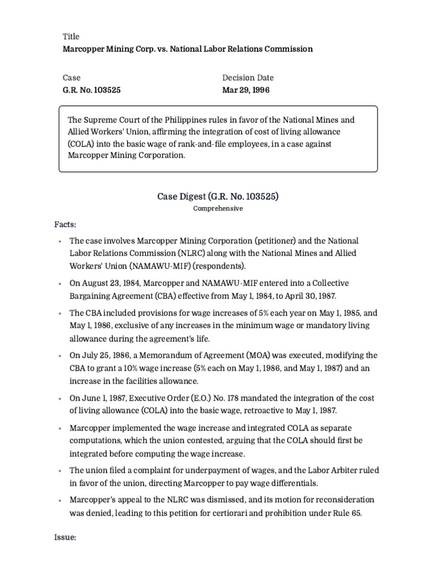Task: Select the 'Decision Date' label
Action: (248, 78)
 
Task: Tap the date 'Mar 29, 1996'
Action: (246, 90)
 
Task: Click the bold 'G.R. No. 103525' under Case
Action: (91, 90)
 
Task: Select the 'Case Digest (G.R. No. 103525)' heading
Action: (218, 196)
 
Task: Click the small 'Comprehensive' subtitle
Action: (218, 209)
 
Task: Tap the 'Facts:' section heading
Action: (65, 225)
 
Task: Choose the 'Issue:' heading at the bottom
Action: (65, 537)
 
